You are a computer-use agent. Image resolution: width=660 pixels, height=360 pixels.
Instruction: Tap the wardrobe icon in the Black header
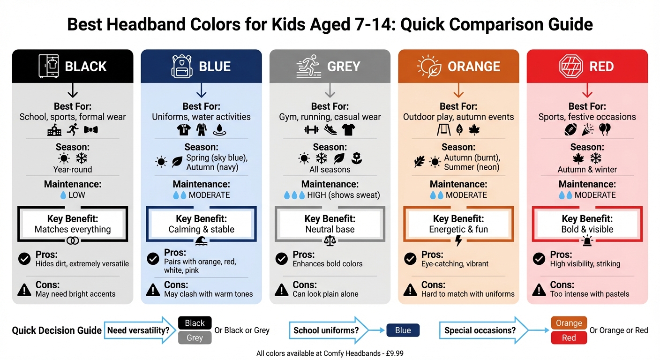49,66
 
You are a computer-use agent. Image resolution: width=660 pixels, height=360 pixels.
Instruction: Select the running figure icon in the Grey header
308,66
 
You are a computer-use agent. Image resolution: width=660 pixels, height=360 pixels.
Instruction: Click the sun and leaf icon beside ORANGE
428,66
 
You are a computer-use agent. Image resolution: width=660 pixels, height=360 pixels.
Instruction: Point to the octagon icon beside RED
571,66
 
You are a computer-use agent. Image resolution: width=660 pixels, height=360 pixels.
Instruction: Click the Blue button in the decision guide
403,330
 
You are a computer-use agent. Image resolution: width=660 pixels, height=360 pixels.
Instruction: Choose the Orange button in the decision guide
569,323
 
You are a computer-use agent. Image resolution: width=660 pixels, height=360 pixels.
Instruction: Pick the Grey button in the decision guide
195,337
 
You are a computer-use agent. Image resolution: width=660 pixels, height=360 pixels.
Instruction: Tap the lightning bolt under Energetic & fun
458,241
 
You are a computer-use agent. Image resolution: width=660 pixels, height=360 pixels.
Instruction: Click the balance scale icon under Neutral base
330,241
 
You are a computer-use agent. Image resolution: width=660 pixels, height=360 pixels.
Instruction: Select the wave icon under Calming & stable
202,241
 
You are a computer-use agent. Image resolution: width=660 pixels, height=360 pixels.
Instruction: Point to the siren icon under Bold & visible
587,241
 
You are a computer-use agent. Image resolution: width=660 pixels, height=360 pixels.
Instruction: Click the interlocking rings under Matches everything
73,241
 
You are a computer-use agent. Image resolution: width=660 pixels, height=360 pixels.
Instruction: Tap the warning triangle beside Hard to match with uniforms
410,290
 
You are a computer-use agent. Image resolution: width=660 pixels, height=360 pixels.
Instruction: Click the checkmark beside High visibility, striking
539,259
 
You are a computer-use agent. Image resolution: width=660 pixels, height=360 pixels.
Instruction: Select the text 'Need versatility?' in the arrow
138,330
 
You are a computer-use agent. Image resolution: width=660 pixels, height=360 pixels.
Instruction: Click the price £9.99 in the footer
393,353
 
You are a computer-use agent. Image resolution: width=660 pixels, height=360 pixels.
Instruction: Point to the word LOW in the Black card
77,195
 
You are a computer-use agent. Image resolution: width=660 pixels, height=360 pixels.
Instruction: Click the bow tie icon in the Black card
90,130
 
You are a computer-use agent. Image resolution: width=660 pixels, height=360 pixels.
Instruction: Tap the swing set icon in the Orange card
443,130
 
